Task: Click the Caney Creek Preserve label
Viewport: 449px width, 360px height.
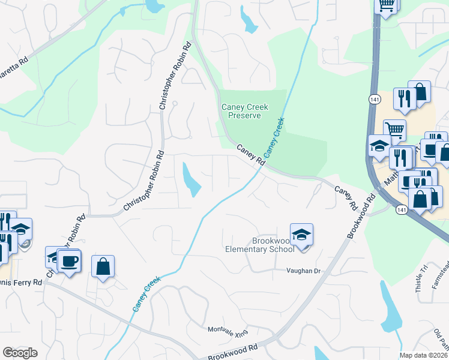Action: [x=244, y=111]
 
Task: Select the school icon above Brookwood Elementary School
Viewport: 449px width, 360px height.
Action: [x=301, y=235]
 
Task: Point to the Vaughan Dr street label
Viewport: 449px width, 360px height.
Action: [x=304, y=271]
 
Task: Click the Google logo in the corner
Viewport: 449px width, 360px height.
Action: [x=20, y=353]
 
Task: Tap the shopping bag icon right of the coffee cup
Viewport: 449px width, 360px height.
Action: [x=103, y=266]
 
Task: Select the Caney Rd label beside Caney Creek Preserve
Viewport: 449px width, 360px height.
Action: [x=250, y=155]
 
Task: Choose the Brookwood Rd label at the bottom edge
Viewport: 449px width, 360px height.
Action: [x=233, y=352]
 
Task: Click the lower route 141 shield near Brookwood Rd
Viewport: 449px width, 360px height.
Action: [x=400, y=208]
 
